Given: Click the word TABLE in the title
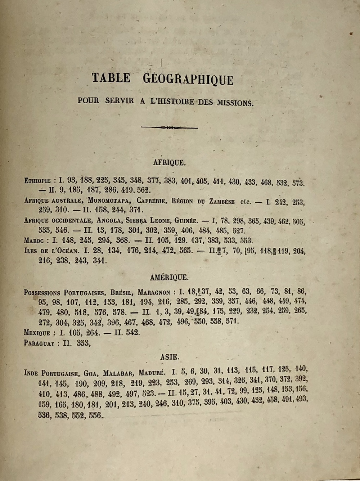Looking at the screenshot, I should tap(111, 78).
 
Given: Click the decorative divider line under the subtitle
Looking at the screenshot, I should tap(169, 127).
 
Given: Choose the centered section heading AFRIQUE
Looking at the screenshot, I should tap(170, 163).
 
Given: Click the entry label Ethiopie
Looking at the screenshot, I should tap(37, 181).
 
